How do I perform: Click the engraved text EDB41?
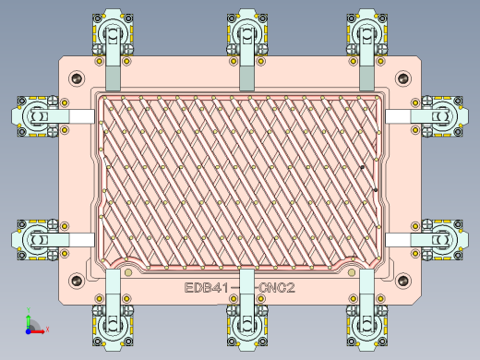(x=206, y=289)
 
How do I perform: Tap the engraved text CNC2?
(x=277, y=289)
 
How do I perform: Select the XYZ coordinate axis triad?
(x=31, y=323)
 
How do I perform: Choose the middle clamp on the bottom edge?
(x=246, y=319)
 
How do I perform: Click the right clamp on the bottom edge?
(x=366, y=319)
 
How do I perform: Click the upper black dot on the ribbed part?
(x=363, y=167)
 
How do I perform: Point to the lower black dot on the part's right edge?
(x=376, y=190)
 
